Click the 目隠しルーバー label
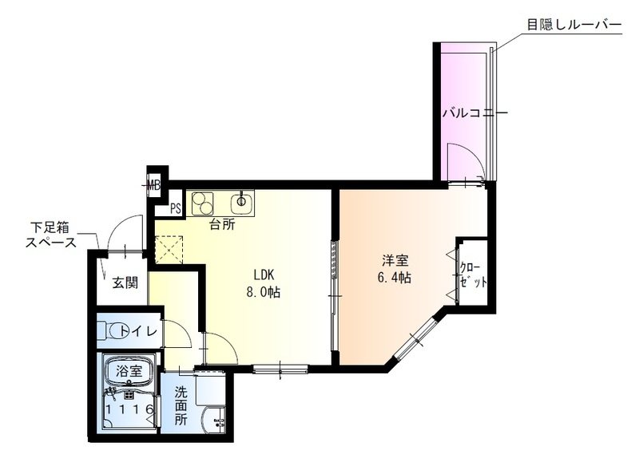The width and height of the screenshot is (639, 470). [574, 25]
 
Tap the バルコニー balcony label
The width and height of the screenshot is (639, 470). [475, 113]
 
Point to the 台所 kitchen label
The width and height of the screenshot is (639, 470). [222, 225]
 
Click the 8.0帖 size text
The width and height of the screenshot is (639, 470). [263, 291]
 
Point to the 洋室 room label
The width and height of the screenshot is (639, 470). [395, 260]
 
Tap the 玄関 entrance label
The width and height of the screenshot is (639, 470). [124, 282]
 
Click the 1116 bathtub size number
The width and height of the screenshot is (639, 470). [129, 409]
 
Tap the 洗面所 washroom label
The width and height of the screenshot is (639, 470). [181, 406]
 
